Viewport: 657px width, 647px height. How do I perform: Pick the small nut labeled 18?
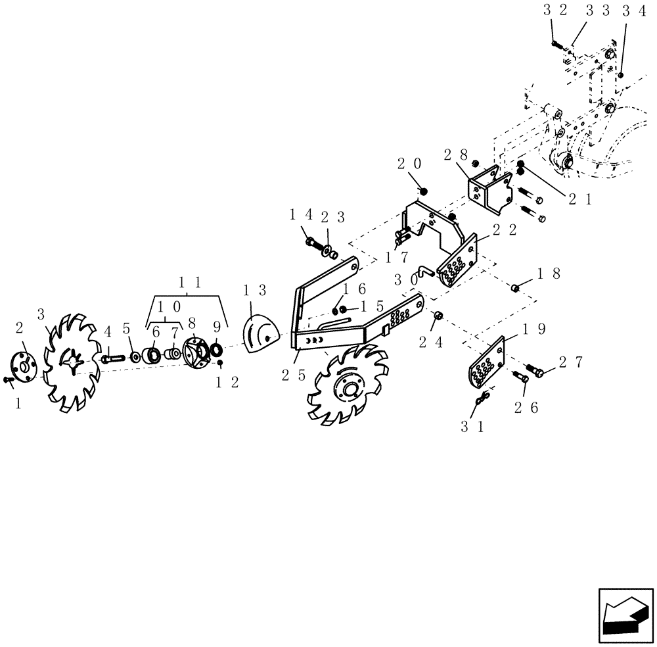[516, 287]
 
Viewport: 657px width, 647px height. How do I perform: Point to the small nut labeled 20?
[424, 191]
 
